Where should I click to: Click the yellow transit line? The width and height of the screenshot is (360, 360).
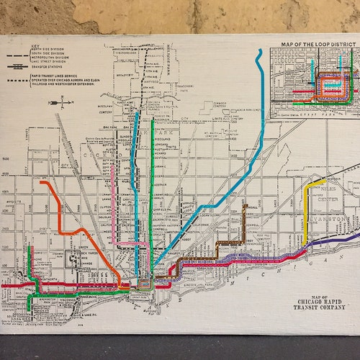[307, 209]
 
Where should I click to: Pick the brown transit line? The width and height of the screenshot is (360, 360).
[245, 223]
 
